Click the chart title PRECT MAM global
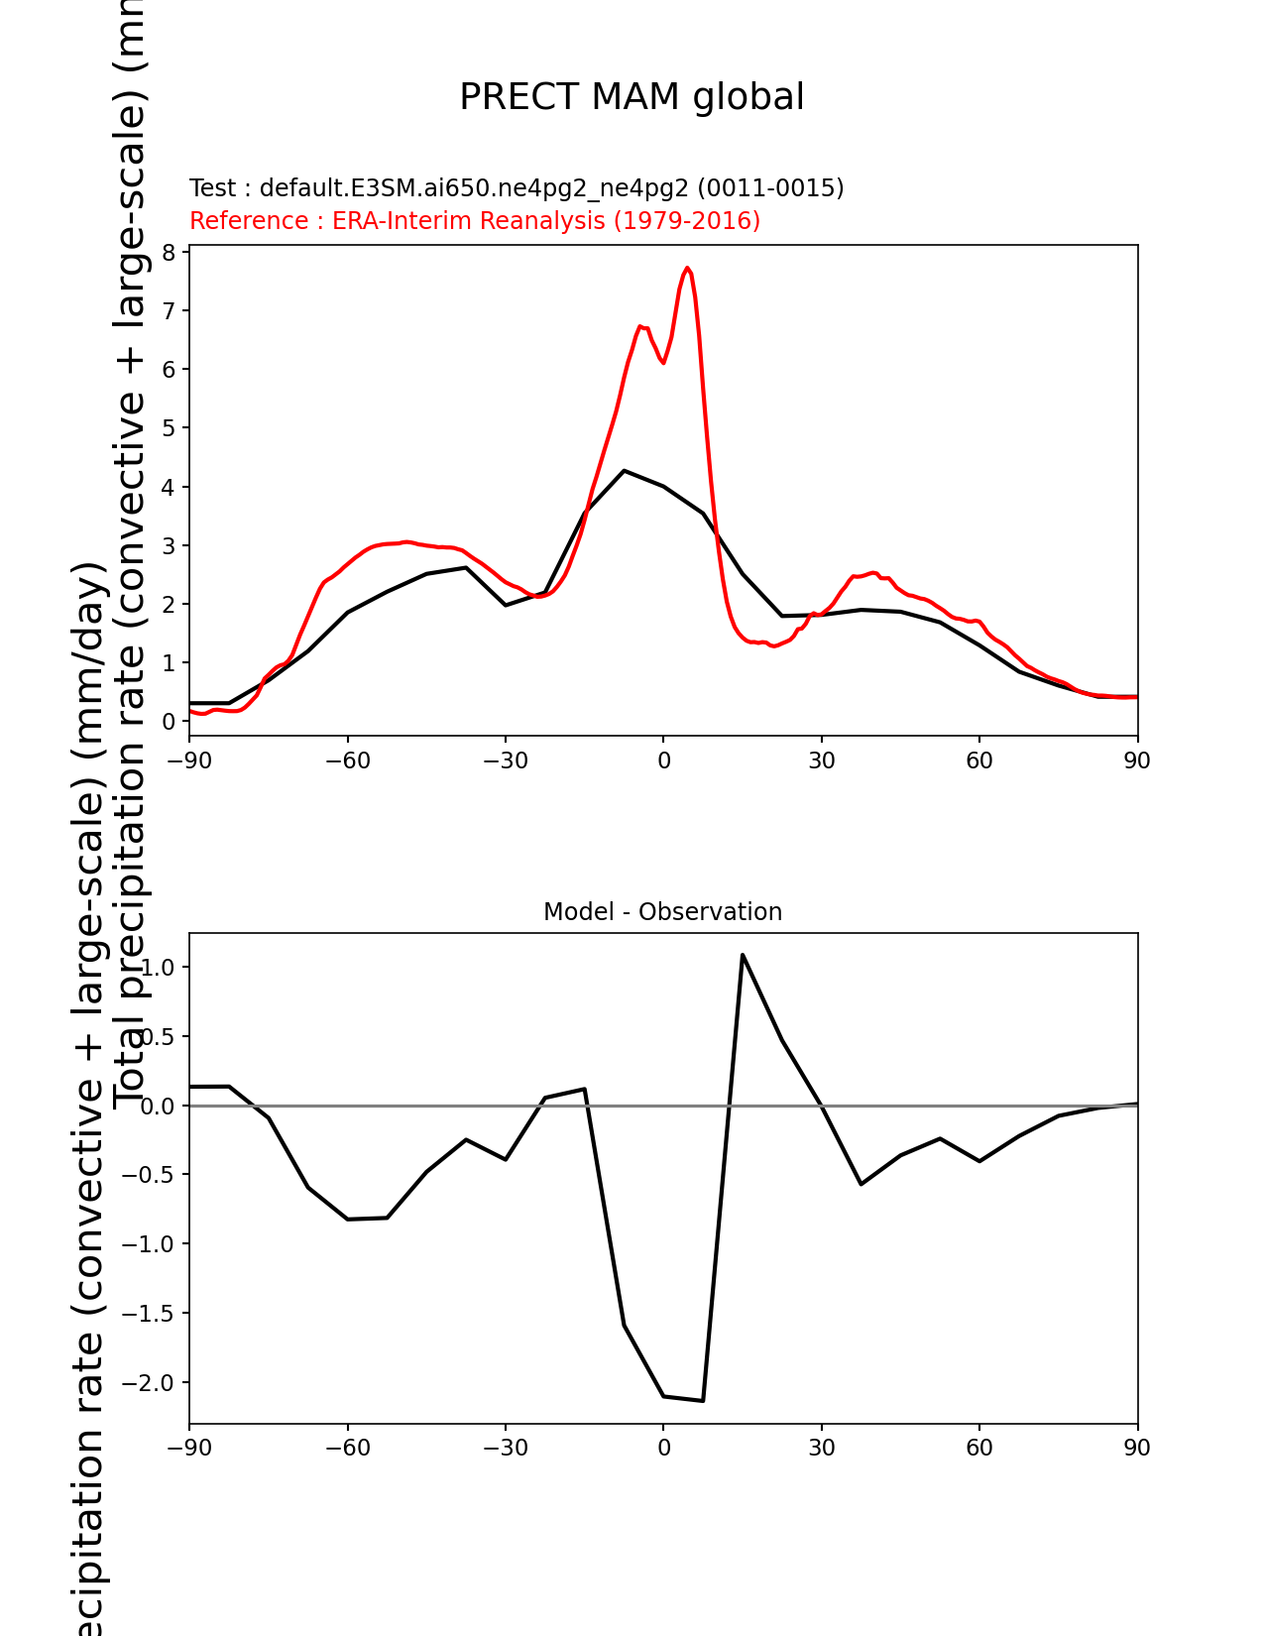(632, 97)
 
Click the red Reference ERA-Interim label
(475, 220)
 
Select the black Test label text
(517, 187)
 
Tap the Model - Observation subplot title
(662, 912)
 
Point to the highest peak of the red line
(687, 268)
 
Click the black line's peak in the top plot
(624, 470)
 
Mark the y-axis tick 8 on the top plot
(169, 252)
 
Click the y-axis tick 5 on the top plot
(169, 428)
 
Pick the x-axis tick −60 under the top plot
(347, 760)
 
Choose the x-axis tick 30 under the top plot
(821, 760)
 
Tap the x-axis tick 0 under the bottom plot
(663, 1448)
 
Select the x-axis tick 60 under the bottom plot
(978, 1448)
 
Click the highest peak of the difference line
(743, 955)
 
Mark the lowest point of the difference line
(703, 1400)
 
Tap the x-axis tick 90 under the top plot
(1137, 760)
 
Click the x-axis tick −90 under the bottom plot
(189, 1448)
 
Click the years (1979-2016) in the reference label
(687, 220)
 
